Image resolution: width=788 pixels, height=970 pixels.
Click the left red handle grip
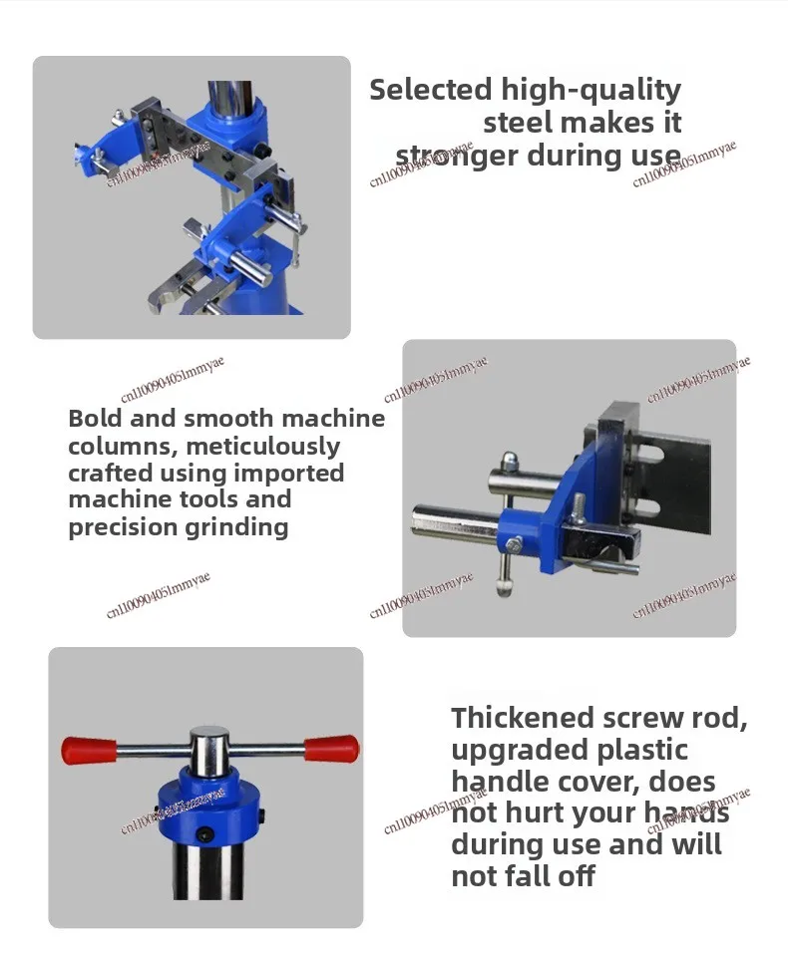[89, 751]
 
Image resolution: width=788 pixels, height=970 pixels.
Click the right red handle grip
[331, 749]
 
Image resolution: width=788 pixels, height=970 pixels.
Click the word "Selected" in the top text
[431, 89]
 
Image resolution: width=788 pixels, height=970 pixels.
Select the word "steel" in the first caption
[519, 122]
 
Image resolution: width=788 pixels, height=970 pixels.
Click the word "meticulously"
[263, 446]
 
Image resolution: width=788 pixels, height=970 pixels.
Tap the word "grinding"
[236, 527]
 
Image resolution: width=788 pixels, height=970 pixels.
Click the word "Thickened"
[523, 718]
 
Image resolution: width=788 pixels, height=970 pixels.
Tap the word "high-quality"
[591, 91]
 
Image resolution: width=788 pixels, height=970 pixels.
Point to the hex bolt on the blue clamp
[513, 545]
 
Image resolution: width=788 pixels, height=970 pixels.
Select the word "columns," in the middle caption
[122, 447]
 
